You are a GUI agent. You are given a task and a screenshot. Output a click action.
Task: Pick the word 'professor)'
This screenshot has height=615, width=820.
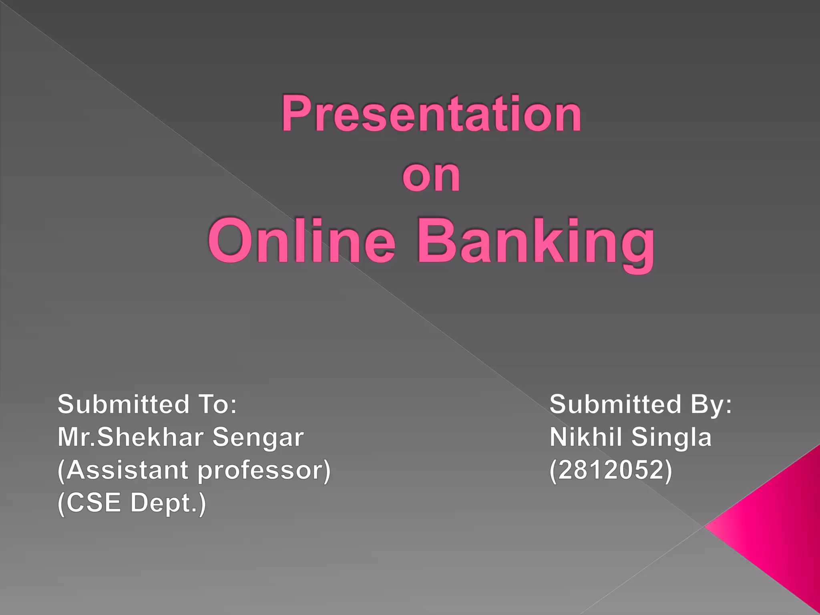tap(265, 471)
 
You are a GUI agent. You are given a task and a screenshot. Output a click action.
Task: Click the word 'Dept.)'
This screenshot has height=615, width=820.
tap(168, 504)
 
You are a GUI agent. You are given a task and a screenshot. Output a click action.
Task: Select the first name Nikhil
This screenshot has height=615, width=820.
tap(586, 437)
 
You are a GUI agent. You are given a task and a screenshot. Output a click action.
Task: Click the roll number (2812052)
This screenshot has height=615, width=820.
tap(611, 470)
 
